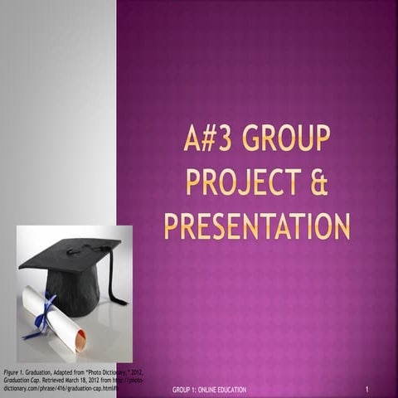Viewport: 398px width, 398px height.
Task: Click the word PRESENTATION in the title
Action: (x=257, y=225)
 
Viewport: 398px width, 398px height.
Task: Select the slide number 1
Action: (x=366, y=389)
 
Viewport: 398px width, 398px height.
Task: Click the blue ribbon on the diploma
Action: (x=41, y=316)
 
